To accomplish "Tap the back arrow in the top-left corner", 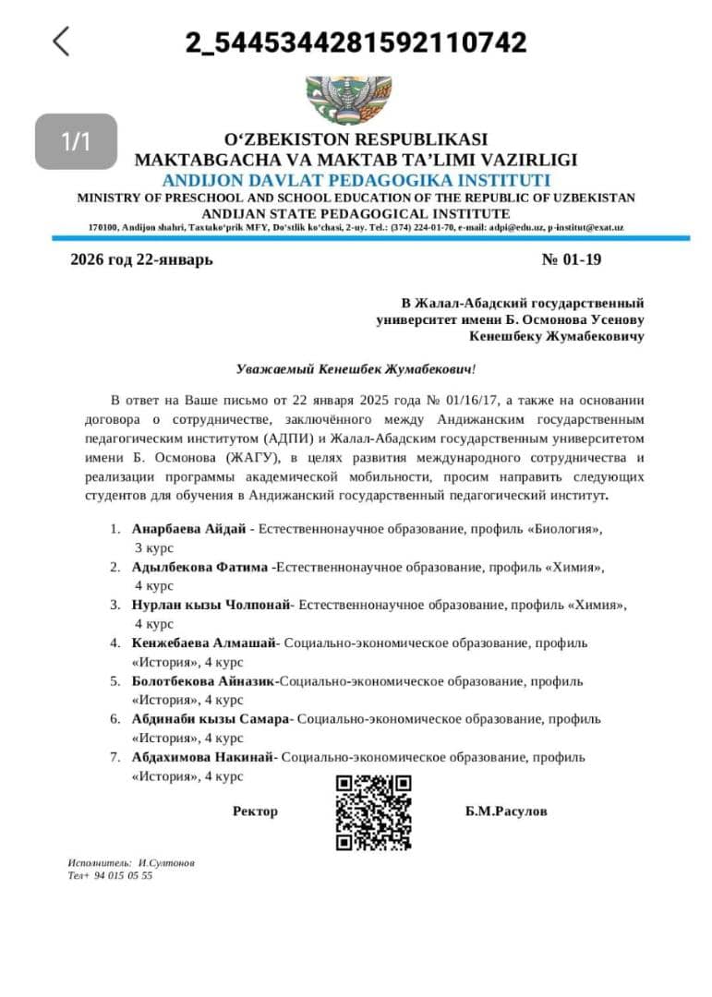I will coord(61,42).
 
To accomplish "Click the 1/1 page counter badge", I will coord(77,141).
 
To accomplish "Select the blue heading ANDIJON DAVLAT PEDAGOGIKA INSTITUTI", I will coord(356,180).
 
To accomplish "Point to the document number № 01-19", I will coord(571,259).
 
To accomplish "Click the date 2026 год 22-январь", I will coord(141,259).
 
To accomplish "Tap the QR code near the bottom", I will coord(373,812).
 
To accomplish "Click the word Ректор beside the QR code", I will coord(255,811).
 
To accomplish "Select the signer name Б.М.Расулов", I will coord(506,811).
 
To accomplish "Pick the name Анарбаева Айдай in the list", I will coord(188,529).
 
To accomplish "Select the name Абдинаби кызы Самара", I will coord(211,718).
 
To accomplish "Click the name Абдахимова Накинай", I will coord(203,757).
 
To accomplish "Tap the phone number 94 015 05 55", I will coord(123,875).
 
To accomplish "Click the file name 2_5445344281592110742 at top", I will coord(356,42).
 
